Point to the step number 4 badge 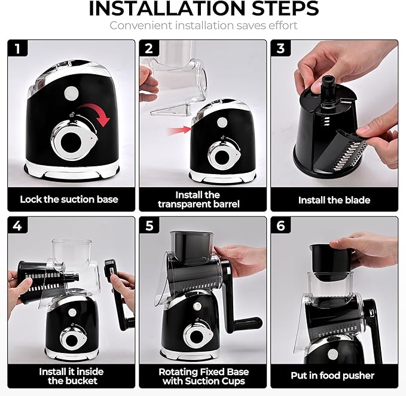click(x=18, y=226)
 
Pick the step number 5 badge click(x=149, y=226)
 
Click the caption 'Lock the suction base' click(x=69, y=199)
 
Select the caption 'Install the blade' click(x=334, y=200)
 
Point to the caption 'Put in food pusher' click(x=334, y=376)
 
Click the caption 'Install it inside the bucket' click(x=69, y=376)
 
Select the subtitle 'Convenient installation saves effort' click(x=203, y=26)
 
